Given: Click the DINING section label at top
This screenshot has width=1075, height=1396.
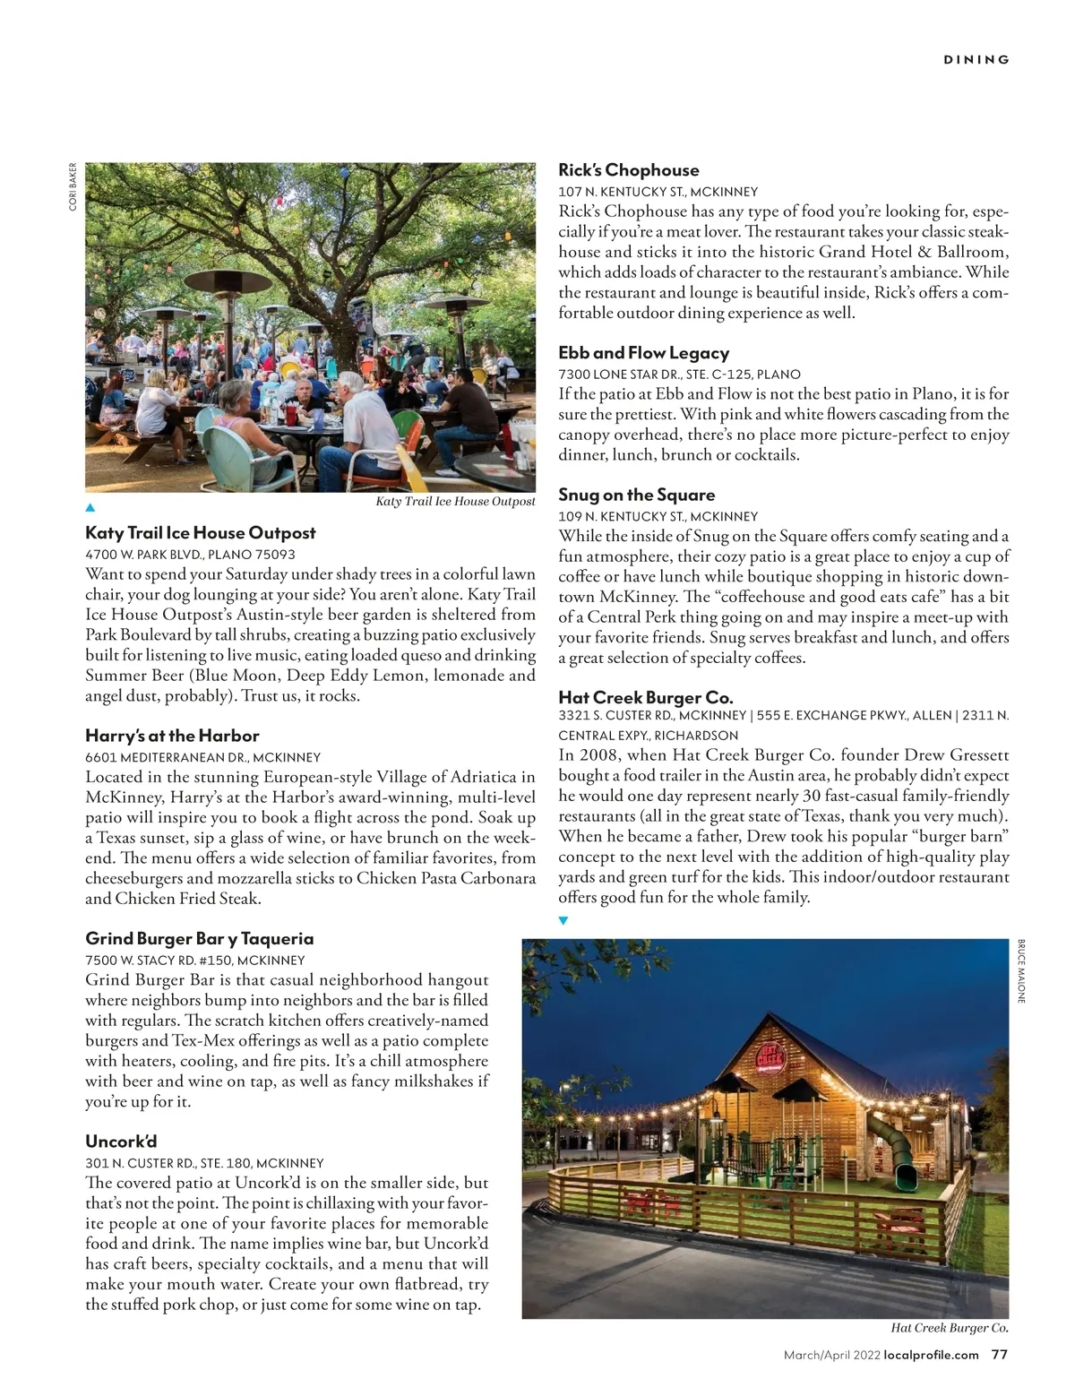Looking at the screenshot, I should point(976,60).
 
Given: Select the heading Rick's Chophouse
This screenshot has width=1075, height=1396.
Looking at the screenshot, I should point(628,170).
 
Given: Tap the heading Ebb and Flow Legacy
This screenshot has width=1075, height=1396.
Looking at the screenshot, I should point(643,353).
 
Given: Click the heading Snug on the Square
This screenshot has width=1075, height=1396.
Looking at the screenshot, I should point(636,495).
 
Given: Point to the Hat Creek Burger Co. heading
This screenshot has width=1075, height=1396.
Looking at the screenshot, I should point(645,697).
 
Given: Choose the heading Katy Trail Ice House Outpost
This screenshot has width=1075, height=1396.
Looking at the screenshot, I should point(200,533).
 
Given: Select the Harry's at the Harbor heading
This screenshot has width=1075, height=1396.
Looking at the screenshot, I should point(172,736).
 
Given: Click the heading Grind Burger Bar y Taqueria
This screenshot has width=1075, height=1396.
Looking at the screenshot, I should point(199,939).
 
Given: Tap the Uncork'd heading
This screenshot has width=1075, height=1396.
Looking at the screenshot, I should point(121,1142).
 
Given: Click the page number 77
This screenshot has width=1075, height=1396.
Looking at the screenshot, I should point(1000,1355).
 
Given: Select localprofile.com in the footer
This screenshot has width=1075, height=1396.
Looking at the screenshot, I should point(931,1355).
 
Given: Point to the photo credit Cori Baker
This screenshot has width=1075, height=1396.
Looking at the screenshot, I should point(73,186).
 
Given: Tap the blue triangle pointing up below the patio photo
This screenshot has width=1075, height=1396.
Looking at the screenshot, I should point(90,508).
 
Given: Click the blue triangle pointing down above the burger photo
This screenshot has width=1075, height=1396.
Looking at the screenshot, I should point(563,920).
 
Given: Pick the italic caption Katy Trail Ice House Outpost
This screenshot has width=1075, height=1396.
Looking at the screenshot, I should point(455,502).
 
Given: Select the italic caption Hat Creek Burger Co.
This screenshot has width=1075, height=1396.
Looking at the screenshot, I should point(950,1329).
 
